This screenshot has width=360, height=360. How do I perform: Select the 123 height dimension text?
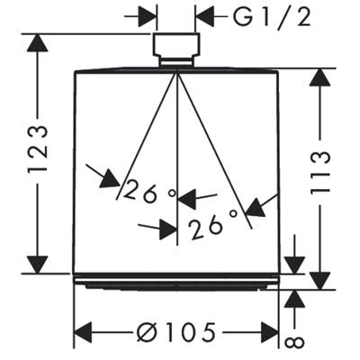pos(38,148)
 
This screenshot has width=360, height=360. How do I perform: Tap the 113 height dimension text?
pos(320,173)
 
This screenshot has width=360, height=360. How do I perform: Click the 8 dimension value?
pos(294,342)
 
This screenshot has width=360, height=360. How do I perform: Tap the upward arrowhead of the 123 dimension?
pos(38,43)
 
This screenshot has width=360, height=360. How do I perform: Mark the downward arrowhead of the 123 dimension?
pos(38,264)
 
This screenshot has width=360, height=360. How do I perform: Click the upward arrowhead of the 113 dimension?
pos(320,77)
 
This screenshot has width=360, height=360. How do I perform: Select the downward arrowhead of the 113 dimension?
pos(320,281)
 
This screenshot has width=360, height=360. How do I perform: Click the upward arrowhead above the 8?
pos(294,298)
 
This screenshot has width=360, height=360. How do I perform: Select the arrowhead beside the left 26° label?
pos(111,179)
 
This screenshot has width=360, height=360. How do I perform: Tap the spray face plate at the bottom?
pos(176,282)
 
